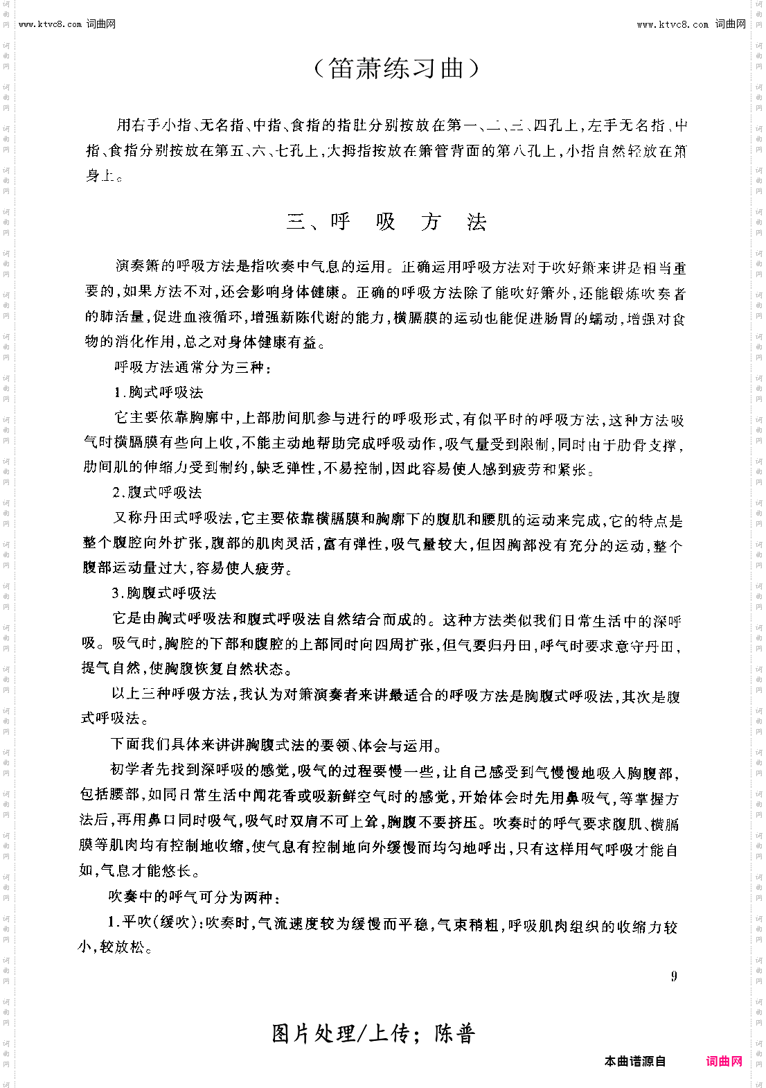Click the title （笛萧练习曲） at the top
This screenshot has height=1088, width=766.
[395, 69]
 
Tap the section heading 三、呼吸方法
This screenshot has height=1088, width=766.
[386, 222]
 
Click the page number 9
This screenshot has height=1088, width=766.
[674, 976]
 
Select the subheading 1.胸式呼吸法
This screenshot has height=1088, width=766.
[159, 392]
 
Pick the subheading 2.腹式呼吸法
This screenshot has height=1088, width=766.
[157, 493]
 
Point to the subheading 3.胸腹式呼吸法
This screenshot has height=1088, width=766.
[164, 593]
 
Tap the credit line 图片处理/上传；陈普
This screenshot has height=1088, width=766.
[373, 1034]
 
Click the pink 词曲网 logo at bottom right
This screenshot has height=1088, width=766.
[724, 1061]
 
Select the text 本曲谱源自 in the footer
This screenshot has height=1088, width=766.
[634, 1062]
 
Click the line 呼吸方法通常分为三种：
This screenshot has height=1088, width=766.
[193, 367]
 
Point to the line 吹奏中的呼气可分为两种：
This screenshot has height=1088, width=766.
[195, 897]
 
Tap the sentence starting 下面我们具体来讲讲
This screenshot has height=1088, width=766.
[276, 746]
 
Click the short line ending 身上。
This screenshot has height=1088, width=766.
[105, 176]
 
